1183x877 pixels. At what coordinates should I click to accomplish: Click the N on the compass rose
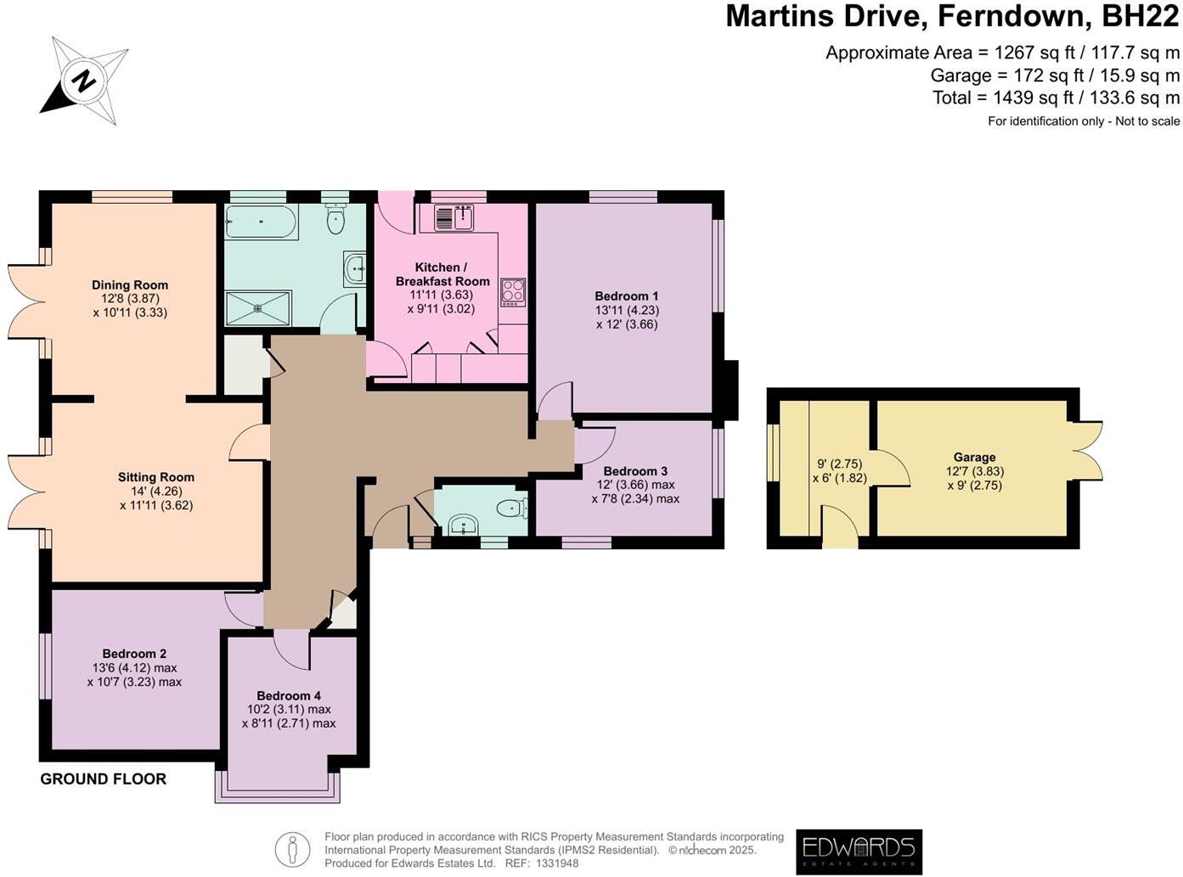[84, 82]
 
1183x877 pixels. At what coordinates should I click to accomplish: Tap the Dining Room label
[130, 285]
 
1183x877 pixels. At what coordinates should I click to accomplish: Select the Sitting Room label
[155, 477]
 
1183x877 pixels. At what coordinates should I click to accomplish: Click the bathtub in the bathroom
[262, 222]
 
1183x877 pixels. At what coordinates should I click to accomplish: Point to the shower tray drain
[258, 308]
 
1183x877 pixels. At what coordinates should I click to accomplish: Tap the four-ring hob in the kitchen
[513, 292]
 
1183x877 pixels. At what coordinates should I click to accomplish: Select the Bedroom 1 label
[627, 295]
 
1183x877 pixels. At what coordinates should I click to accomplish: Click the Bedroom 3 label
[635, 471]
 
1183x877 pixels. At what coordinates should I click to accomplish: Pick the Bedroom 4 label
[289, 695]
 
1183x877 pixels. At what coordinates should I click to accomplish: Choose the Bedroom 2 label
[134, 654]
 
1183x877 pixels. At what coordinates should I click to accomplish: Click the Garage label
[974, 457]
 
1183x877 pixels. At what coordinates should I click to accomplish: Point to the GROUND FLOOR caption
[104, 779]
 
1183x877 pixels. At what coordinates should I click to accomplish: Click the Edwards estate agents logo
[859, 852]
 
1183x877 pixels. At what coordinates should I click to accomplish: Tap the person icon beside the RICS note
[292, 849]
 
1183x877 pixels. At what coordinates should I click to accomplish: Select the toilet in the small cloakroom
[512, 508]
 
